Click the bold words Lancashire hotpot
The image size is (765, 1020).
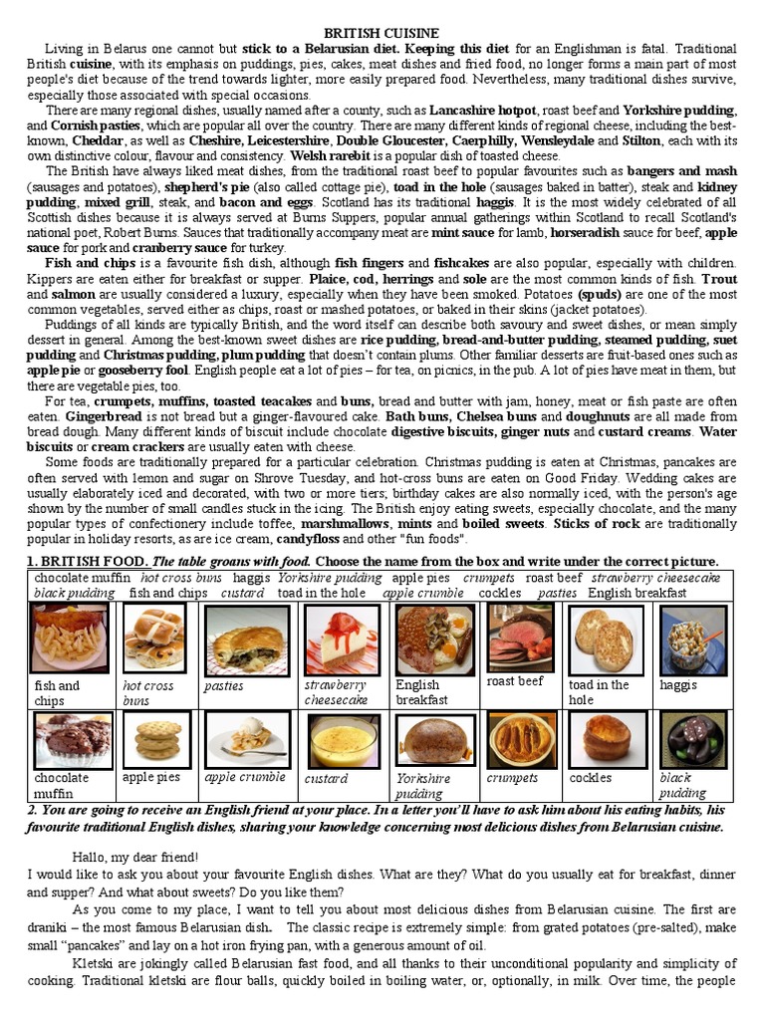pos(483,111)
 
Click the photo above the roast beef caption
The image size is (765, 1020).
pos(519,637)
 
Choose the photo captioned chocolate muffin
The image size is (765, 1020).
pos(73,739)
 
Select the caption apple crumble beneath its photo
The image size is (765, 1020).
pos(245,777)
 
